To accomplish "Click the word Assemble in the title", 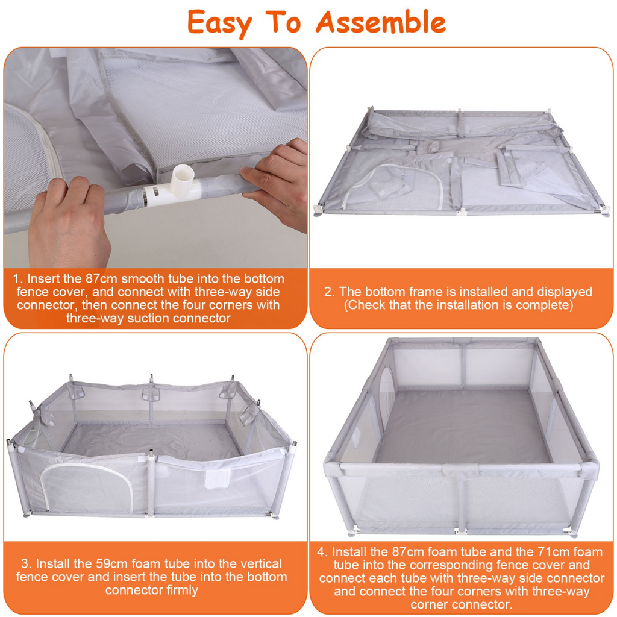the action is point(381,22).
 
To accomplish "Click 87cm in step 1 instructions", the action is point(101,278).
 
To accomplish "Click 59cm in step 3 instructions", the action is point(112,563).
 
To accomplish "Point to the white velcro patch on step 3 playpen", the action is point(218,478).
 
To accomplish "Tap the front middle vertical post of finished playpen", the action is point(460,500).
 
